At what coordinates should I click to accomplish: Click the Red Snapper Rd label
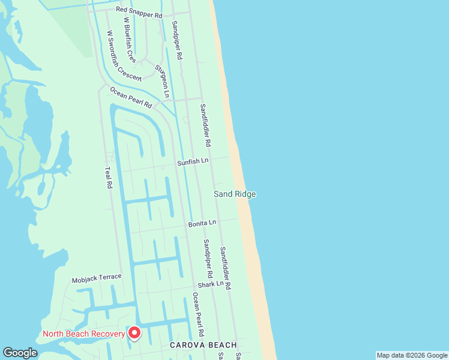tap(139, 12)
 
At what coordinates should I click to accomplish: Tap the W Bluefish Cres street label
tap(129, 40)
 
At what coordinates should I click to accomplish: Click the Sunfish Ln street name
tap(192, 162)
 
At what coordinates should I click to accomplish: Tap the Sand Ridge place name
tap(235, 194)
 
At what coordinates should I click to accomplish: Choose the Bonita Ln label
tap(202, 223)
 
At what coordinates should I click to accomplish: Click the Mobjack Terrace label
tap(97, 278)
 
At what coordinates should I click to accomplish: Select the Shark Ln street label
tap(210, 283)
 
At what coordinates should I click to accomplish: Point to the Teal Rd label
tap(109, 178)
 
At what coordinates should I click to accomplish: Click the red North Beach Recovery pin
tap(135, 332)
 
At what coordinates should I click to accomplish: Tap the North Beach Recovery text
tap(83, 334)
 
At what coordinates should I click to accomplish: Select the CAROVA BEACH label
tap(203, 345)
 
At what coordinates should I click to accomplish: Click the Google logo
tap(20, 353)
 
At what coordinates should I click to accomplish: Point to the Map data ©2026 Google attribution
tap(412, 355)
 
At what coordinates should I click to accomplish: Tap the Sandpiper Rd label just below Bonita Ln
tap(207, 258)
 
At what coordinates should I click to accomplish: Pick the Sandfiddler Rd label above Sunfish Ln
tap(205, 125)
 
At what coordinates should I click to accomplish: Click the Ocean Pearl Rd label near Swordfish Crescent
tap(131, 97)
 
